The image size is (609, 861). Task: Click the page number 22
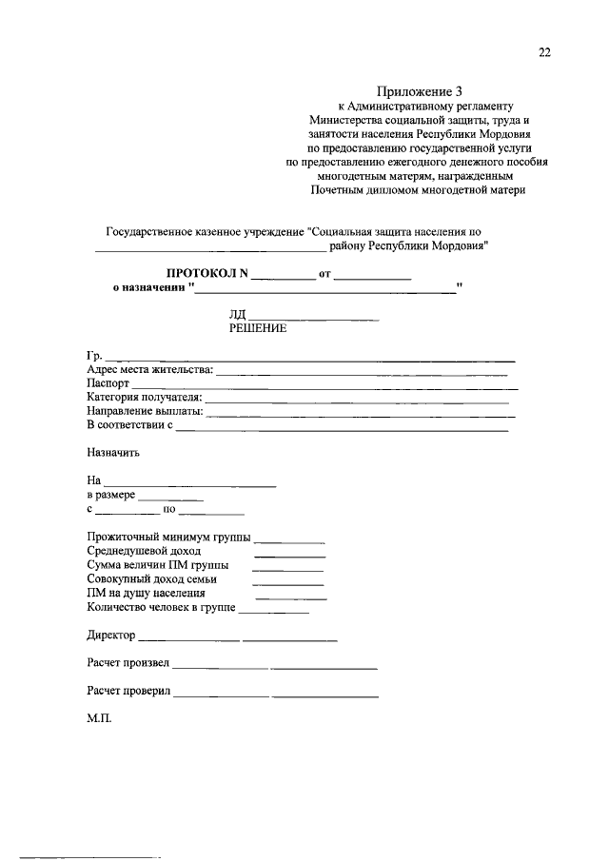[543, 53]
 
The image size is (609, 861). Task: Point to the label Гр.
[93, 356]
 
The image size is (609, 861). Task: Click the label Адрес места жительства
[149, 370]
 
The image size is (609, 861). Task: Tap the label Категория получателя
[144, 397]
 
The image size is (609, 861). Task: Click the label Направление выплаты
[144, 411]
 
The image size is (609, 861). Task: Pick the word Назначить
[112, 453]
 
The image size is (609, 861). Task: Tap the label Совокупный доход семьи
[151, 577]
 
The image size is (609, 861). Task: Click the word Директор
[110, 635]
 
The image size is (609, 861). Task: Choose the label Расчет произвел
[128, 662]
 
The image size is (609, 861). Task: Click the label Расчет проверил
[128, 691]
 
